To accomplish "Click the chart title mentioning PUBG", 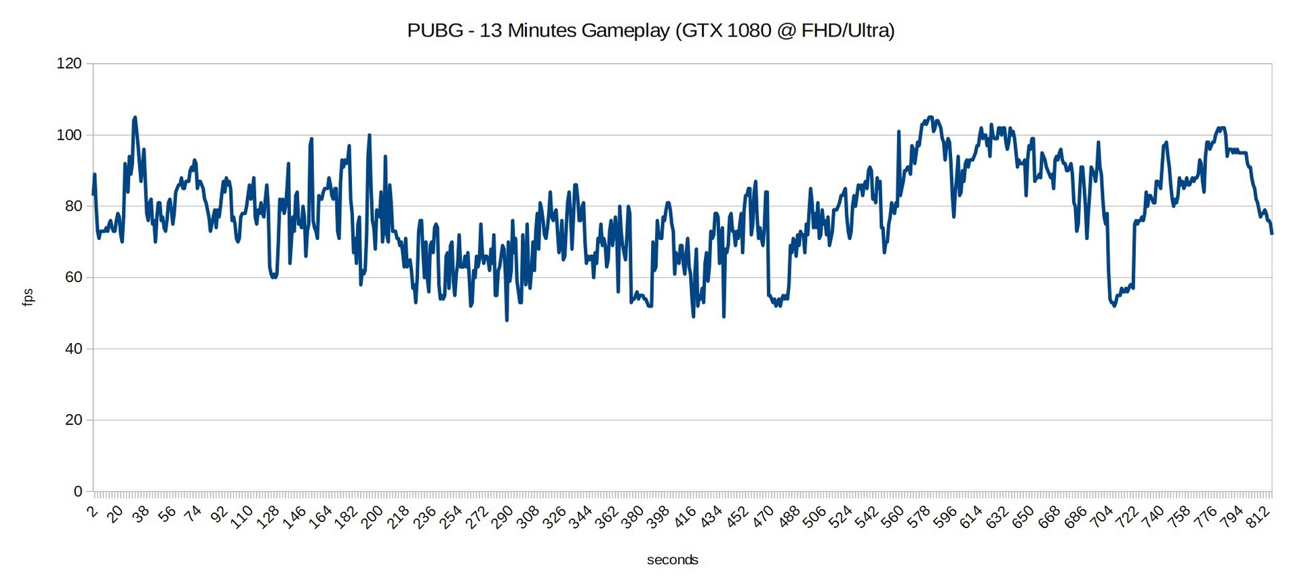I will tap(650, 31).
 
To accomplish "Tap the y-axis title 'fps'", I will tap(28, 297).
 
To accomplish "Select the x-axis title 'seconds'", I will tap(672, 560).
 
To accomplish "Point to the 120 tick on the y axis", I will tap(69, 64).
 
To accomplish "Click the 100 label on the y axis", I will tap(69, 135).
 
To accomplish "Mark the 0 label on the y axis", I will tap(78, 491).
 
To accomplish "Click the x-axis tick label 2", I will tap(93, 512).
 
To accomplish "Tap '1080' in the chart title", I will tap(749, 31).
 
